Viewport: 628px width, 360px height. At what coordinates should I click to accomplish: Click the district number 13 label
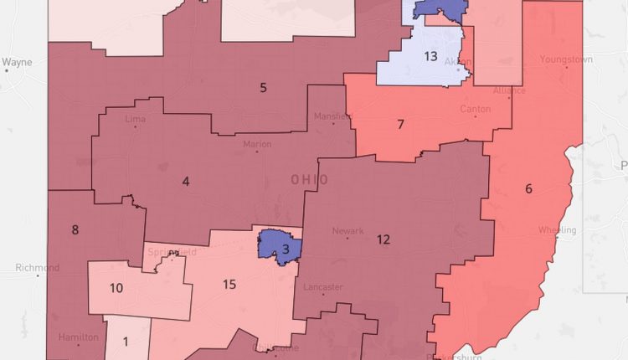coord(430,56)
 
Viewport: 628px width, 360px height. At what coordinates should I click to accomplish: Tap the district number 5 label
coord(263,87)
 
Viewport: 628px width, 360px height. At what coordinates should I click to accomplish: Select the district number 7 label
coord(400,125)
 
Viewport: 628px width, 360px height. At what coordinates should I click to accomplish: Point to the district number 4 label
coord(185,180)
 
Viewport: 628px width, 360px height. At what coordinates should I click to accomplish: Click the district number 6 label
coord(528,188)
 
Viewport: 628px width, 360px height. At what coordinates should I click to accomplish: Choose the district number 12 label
coord(383,239)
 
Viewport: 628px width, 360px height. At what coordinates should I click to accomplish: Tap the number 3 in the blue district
coord(286,248)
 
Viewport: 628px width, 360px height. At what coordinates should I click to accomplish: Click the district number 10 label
coord(116,288)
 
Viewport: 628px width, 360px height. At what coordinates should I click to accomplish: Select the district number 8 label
coord(75,229)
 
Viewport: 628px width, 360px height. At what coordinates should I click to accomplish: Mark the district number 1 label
coord(126,341)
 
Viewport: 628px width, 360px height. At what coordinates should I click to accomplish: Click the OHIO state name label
coord(309,180)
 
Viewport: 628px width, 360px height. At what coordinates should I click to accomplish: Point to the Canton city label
coord(475,110)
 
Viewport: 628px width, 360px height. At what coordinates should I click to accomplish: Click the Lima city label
coord(134,120)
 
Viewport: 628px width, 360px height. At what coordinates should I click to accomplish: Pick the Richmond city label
coord(37,268)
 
